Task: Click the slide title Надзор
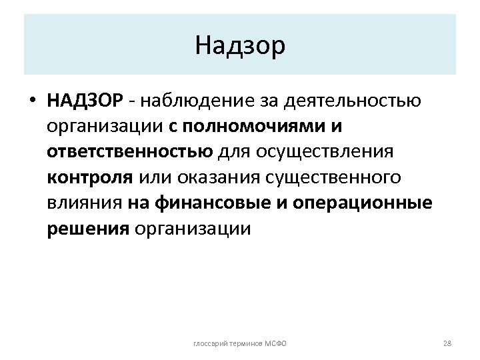(x=241, y=45)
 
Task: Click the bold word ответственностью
(x=130, y=152)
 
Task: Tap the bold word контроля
(x=89, y=178)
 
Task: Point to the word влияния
(x=83, y=203)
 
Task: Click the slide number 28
(x=447, y=343)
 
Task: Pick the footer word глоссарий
(x=208, y=343)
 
